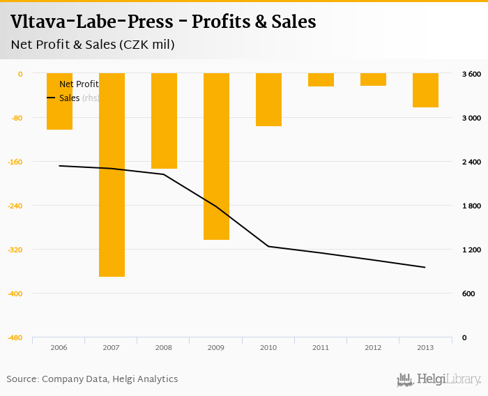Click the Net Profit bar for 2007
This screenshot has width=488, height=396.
[x=112, y=174]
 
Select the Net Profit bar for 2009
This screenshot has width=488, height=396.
[x=216, y=156]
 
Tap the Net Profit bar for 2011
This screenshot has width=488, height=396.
[x=321, y=79]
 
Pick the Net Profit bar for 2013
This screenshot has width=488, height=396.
[x=425, y=90]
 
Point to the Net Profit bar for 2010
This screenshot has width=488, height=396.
[x=268, y=100]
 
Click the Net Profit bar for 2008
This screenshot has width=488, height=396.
[x=164, y=121]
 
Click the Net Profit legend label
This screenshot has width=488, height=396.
[x=79, y=84]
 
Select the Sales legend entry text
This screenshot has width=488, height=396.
[x=70, y=98]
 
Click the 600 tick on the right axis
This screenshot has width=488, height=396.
[x=468, y=294]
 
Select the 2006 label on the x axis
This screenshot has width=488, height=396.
[x=59, y=347]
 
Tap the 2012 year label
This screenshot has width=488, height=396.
[x=373, y=347]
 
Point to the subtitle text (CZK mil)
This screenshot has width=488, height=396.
[x=146, y=45]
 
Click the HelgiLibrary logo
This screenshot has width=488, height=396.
[x=439, y=379]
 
